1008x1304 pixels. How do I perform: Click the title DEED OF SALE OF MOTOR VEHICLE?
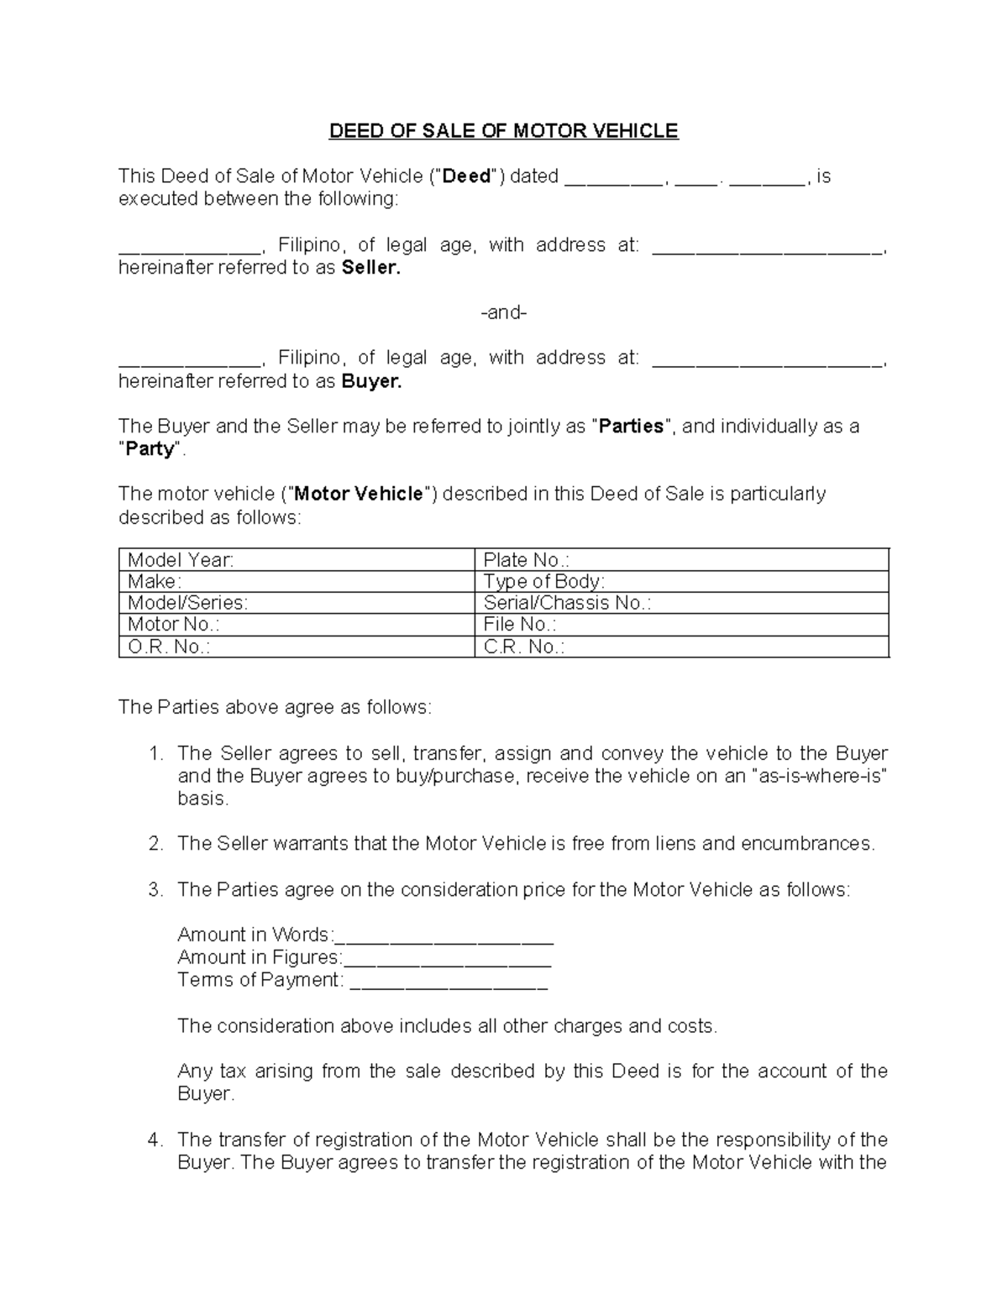(503, 131)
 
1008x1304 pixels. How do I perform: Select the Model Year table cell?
(297, 560)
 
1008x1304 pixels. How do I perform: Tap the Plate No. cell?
(681, 560)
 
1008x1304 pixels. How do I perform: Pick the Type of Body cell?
(681, 582)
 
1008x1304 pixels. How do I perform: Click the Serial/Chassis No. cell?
(681, 603)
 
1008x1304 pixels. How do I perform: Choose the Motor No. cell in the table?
(297, 625)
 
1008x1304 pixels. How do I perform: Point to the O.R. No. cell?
(297, 647)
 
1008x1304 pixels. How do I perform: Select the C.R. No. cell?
(681, 647)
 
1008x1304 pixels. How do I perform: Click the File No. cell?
(681, 625)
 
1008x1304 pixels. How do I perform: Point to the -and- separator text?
(503, 313)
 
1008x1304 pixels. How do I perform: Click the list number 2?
(155, 844)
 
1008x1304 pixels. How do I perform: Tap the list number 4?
(155, 1140)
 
